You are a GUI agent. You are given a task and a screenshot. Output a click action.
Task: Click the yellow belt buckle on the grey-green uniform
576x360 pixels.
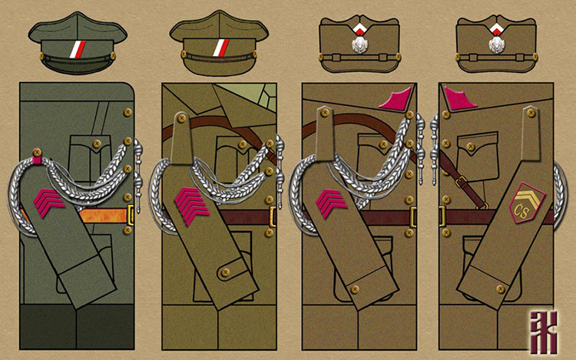pyautogui.click(x=131, y=210)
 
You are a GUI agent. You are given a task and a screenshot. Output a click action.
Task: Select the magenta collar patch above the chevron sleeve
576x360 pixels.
pyautogui.click(x=398, y=99)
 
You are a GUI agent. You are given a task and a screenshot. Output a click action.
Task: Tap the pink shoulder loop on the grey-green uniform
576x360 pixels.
pyautogui.click(x=35, y=157)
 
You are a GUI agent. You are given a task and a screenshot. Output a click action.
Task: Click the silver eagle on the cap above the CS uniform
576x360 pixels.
pyautogui.click(x=498, y=42)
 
